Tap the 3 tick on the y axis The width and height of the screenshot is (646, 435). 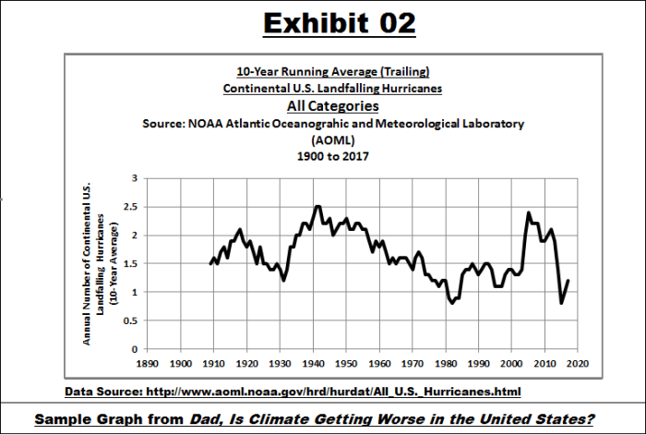pyautogui.click(x=134, y=177)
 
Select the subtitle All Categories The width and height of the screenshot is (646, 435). pyautogui.click(x=332, y=106)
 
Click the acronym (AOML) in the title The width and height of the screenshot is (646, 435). pyautogui.click(x=332, y=139)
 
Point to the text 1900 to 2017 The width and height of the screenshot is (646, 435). pyautogui.click(x=332, y=156)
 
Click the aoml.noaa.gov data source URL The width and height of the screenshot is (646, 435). pyautogui.click(x=330, y=392)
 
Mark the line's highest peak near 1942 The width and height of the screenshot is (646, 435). pyautogui.click(x=317, y=206)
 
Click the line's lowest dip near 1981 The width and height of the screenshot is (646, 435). pyautogui.click(x=451, y=303)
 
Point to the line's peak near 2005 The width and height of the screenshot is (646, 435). pyautogui.click(x=529, y=212)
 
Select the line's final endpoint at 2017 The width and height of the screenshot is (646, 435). pyautogui.click(x=568, y=281)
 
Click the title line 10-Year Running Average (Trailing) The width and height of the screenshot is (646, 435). pyautogui.click(x=332, y=72)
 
